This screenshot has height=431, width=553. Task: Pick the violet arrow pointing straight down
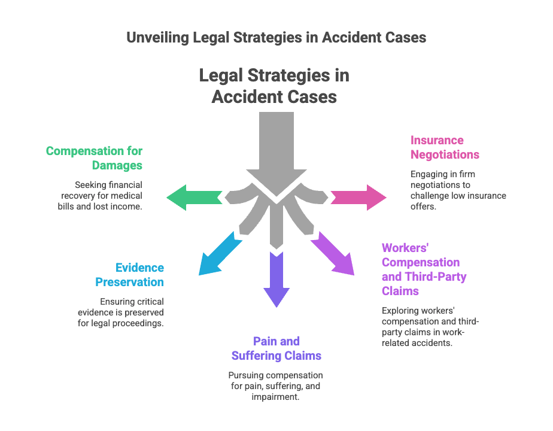[276, 278]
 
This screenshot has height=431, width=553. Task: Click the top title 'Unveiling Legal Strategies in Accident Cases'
[276, 37]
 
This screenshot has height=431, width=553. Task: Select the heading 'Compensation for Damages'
[94, 157]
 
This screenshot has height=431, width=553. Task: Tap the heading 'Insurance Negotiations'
[445, 147]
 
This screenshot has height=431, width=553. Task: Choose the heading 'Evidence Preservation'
[129, 275]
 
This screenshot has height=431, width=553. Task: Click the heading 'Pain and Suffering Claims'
[276, 348]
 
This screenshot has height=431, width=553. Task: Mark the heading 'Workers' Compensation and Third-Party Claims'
[424, 269]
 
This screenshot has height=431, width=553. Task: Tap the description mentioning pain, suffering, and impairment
[276, 386]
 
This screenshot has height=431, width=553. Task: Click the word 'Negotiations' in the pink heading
[445, 154]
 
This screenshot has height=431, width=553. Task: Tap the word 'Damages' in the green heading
[117, 165]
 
